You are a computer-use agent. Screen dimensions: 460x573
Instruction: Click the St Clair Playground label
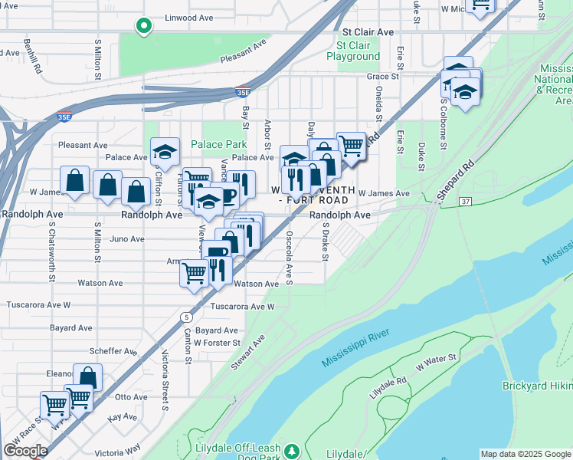coord(353,51)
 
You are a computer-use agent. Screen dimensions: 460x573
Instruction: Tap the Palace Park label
coord(218,144)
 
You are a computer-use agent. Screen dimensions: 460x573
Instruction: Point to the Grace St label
coord(384,77)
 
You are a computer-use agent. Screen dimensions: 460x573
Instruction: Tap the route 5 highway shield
coord(186,316)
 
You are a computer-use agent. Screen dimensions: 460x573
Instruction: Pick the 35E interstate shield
coord(242,92)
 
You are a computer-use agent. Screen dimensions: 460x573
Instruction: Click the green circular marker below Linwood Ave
coord(142,27)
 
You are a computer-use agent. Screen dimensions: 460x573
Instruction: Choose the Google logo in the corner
coord(25,451)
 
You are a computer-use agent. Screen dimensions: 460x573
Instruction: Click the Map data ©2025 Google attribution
coord(526,454)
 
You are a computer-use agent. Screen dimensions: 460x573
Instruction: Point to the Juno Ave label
coord(127,238)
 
